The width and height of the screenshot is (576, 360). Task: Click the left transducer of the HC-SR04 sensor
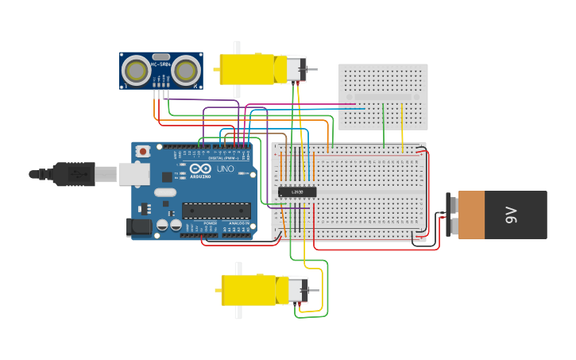coord(136,71)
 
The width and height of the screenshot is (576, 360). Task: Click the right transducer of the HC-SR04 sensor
coord(185,71)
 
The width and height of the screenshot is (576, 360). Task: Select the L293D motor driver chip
coord(298,192)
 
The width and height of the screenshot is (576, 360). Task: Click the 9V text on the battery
coord(512,215)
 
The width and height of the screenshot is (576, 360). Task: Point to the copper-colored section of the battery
coord(471,215)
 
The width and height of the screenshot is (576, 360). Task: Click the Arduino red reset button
coord(142,151)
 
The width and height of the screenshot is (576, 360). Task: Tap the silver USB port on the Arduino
coord(134,174)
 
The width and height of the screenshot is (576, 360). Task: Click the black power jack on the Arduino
coord(139,227)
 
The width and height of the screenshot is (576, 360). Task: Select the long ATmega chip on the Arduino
coord(216,211)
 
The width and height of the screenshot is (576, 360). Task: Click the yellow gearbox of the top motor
coord(247,69)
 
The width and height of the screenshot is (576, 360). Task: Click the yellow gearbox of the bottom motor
coord(249,290)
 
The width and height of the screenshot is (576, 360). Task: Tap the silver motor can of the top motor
coord(296,69)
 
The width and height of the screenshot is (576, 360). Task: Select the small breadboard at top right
coord(383,96)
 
